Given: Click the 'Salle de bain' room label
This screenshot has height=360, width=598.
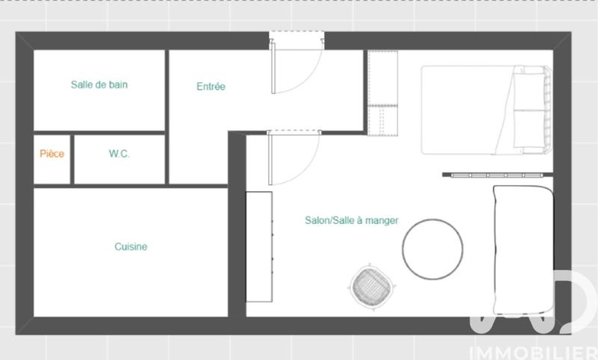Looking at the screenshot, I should (99, 85).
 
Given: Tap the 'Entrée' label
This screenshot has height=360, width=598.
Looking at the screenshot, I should (211, 87).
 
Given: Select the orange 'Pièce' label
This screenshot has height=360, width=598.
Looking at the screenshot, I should (52, 154).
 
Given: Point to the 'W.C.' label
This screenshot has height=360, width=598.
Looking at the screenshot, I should (119, 154).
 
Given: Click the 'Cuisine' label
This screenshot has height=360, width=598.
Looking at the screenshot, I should (131, 247).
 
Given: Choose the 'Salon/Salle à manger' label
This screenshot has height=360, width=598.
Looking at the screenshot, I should (351, 220).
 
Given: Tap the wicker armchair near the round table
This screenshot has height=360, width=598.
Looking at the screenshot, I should (372, 285).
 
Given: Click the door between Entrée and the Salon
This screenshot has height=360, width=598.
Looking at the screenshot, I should (294, 158).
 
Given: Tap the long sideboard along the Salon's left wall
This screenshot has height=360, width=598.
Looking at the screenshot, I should (259, 246).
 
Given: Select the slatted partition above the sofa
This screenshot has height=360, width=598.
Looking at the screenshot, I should (497, 176).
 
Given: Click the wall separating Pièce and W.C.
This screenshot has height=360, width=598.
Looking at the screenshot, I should (73, 159).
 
